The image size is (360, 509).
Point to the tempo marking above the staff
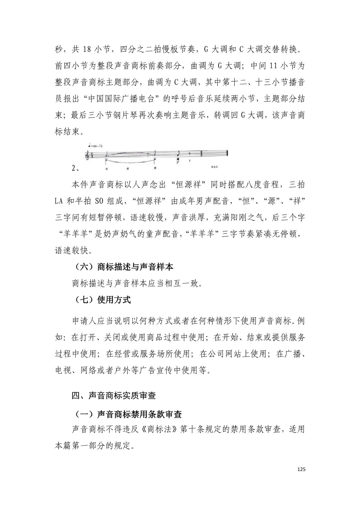(x=95, y=146)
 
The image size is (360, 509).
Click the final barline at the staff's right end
(x=228, y=153)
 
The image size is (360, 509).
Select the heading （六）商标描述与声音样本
(x=123, y=267)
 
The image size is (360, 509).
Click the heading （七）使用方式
(x=101, y=300)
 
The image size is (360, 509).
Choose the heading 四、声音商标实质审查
(x=114, y=396)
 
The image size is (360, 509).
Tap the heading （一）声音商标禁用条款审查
(x=127, y=414)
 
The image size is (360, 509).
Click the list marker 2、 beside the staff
(x=75, y=168)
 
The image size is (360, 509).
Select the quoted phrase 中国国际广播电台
(x=126, y=98)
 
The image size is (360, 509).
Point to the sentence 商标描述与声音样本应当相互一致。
(x=137, y=283)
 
